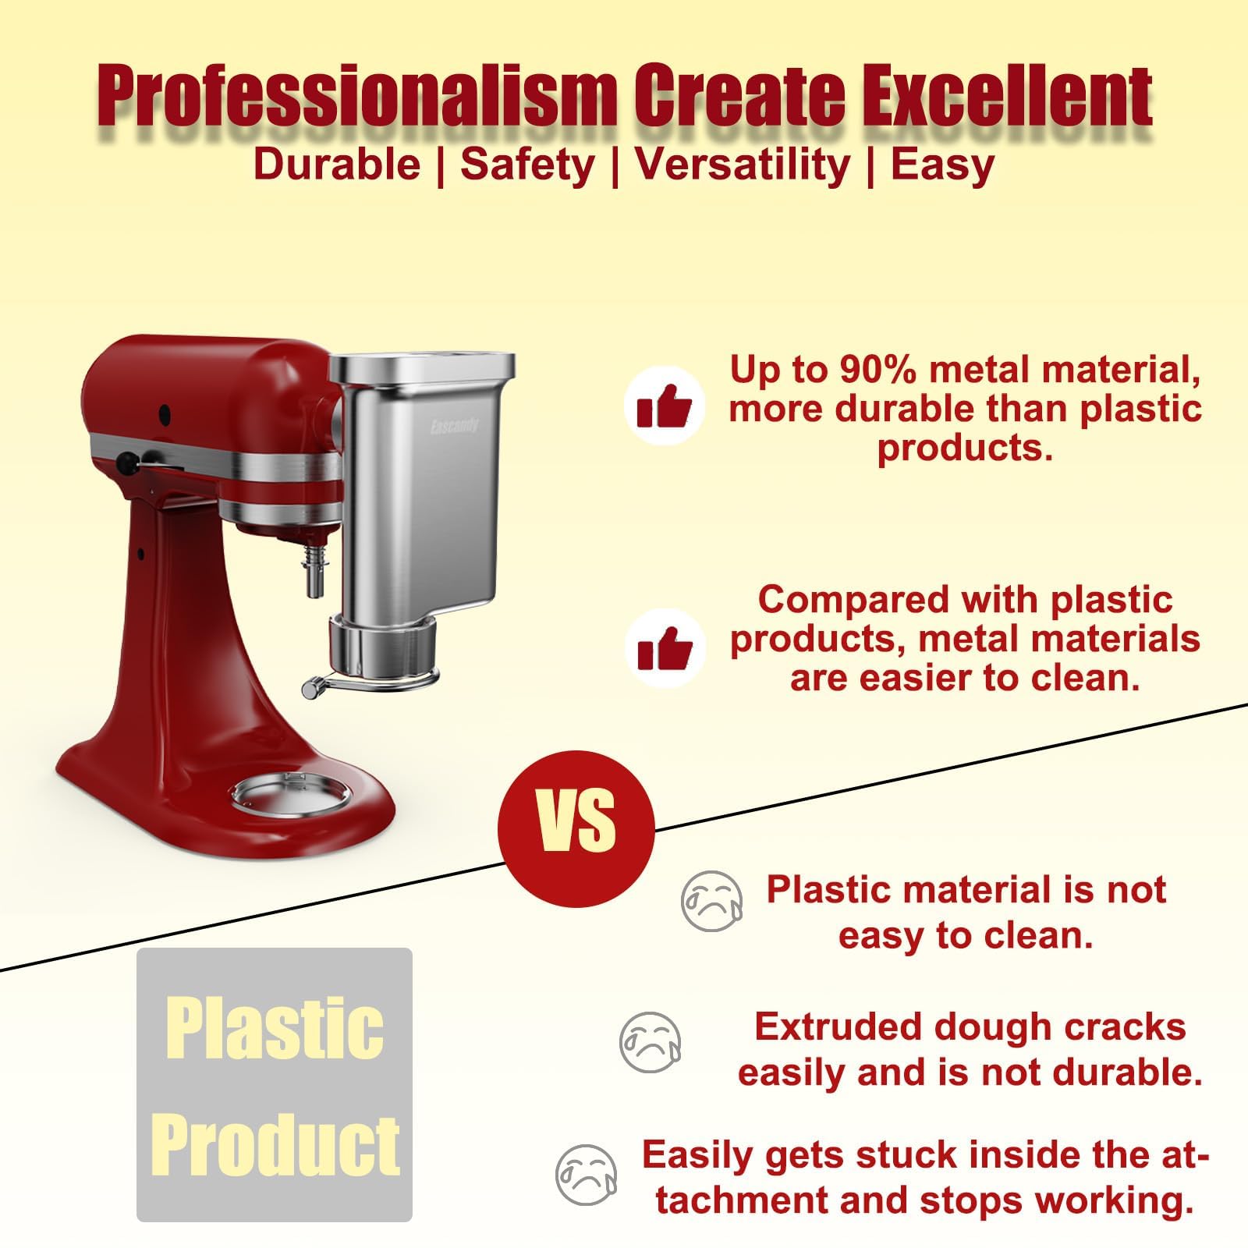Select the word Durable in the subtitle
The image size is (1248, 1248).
(x=337, y=165)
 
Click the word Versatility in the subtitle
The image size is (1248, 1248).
(x=742, y=165)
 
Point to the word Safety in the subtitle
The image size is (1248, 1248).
(x=527, y=165)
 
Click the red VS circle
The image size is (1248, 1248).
(x=576, y=828)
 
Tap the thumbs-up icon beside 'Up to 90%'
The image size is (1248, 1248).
(x=664, y=406)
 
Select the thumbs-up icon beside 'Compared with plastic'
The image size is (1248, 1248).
(x=664, y=648)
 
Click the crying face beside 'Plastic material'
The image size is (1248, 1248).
(x=711, y=901)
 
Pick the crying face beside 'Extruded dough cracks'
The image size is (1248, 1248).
(x=650, y=1042)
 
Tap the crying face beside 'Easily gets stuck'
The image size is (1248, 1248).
(x=586, y=1175)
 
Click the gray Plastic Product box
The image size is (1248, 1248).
(x=275, y=1084)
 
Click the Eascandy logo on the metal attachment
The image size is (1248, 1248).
(x=454, y=427)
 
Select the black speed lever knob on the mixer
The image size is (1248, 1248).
(x=125, y=463)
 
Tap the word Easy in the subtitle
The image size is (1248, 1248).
(x=942, y=165)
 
